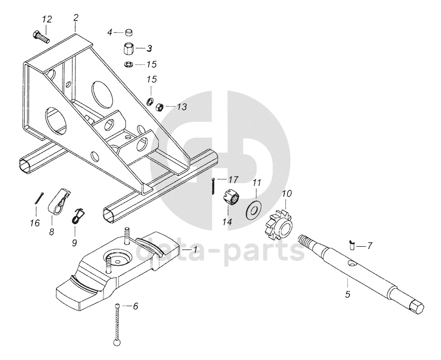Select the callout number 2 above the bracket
point(76,17)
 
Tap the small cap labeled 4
point(130,32)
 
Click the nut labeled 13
point(160,107)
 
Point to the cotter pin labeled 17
point(214,187)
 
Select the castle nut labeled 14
point(231,198)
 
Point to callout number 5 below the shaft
point(347,295)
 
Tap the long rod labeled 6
point(117,323)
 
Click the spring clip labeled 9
point(79,214)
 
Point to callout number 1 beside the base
point(195,250)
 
